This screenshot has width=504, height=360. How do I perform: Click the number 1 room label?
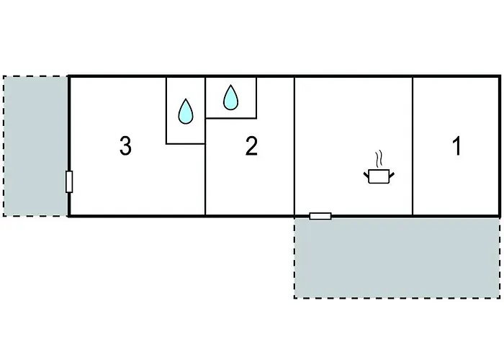tap(456, 146)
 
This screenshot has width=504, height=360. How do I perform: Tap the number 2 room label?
tap(251, 146)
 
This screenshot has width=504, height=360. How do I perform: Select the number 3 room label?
tap(125, 146)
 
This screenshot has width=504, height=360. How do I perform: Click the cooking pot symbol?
tap(379, 176)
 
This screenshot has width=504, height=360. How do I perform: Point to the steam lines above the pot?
tap(379, 158)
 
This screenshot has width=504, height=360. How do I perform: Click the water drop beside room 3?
tap(186, 111)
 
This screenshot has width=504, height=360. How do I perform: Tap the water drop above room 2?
tap(230, 97)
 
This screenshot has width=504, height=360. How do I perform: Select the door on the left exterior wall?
tap(69, 182)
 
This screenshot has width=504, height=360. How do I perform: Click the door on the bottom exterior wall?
tap(320, 216)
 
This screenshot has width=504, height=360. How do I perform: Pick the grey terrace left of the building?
tap(35, 146)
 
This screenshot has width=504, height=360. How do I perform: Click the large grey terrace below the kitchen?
tap(397, 258)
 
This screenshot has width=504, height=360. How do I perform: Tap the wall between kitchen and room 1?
tap(413, 146)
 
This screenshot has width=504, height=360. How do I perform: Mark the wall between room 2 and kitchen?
tap(294, 146)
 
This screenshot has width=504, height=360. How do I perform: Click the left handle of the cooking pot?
tap(366, 175)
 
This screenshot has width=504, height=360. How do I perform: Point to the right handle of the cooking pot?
tap(392, 175)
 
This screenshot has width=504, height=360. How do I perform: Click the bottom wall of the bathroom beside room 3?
tap(186, 144)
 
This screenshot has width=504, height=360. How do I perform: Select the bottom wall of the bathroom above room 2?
tap(231, 118)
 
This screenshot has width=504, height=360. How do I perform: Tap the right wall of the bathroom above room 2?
tap(256, 97)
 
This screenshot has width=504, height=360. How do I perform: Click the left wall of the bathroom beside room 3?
tap(166, 110)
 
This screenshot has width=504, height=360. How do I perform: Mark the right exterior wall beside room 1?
tap(500, 146)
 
